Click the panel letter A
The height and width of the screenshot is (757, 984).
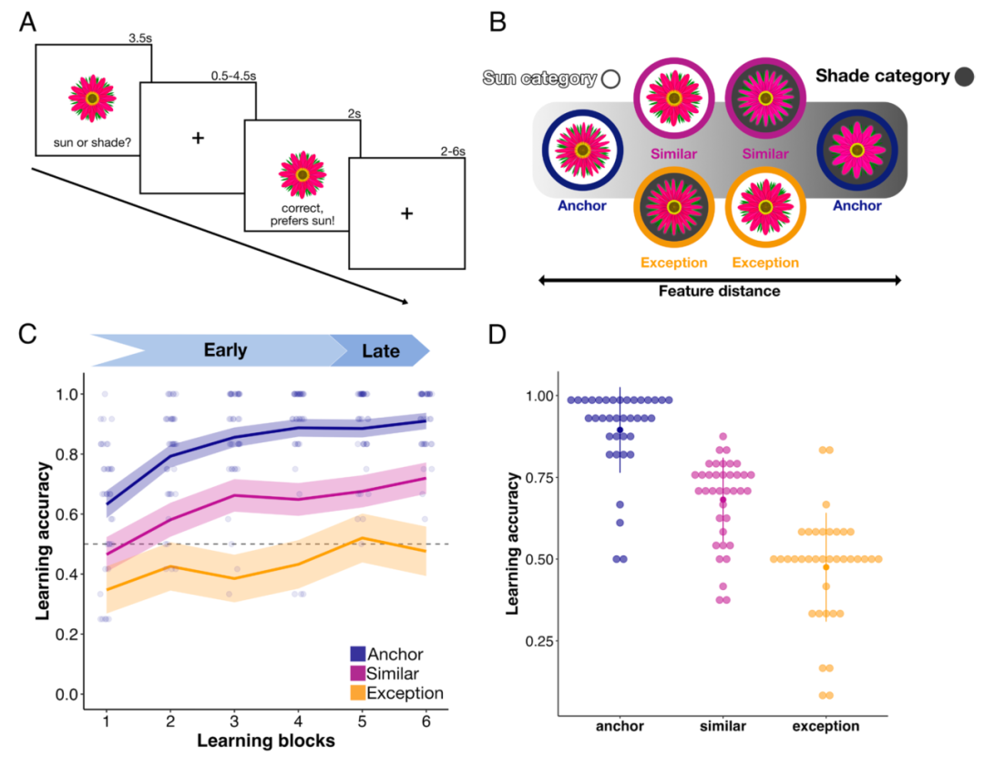tap(27, 23)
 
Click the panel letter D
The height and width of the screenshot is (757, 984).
tap(497, 334)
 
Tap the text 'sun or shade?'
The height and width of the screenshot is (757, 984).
tap(92, 142)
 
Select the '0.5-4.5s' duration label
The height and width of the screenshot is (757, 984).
tap(233, 76)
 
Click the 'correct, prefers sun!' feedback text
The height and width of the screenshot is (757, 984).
tap(302, 214)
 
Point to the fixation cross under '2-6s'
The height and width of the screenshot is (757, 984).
tap(406, 213)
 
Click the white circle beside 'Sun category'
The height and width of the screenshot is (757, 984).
tap(610, 78)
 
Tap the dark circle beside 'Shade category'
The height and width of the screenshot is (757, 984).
tap(964, 77)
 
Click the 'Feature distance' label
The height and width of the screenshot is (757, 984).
tap(719, 291)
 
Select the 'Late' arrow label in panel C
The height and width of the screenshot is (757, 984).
tap(381, 350)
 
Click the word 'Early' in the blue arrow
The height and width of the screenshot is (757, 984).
tap(225, 350)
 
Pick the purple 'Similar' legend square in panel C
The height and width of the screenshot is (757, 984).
tap(358, 673)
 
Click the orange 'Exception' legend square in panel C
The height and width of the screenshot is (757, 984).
tap(358, 693)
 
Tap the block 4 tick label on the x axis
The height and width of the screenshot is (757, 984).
tap(298, 721)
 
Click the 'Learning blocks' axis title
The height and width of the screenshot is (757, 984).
tap(266, 741)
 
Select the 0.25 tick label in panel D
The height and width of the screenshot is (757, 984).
tap(539, 641)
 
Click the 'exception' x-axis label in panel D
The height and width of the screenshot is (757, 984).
tap(825, 726)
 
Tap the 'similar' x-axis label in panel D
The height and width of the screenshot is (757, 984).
tap(723, 726)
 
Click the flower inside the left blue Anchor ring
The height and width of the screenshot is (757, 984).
tap(582, 150)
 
